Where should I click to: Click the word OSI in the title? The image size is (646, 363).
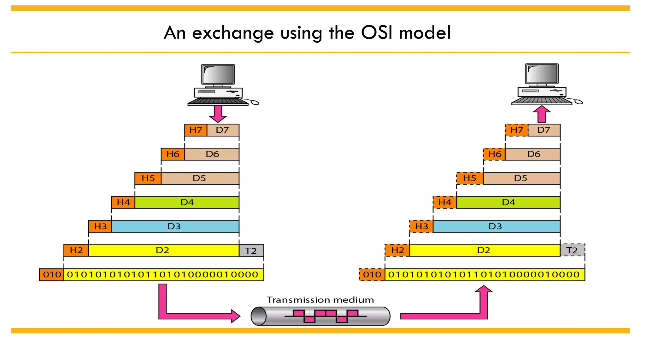click(377, 32)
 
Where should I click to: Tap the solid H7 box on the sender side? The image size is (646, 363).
click(196, 130)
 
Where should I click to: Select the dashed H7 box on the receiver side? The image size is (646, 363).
click(516, 130)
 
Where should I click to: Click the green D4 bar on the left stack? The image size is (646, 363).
click(187, 202)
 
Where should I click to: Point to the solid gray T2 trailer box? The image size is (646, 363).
click(251, 251)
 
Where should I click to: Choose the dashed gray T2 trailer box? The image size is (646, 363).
click(572, 250)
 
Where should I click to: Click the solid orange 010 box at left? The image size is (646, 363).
click(52, 274)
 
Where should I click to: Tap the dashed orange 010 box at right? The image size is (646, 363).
click(372, 274)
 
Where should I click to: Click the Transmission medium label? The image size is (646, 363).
click(320, 300)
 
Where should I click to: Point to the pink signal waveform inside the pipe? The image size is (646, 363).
click(326, 316)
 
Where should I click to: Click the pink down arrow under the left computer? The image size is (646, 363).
click(218, 114)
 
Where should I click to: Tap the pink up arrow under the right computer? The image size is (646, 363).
click(542, 114)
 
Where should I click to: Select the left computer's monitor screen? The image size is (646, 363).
click(218, 74)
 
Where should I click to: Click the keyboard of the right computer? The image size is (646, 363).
click(541, 101)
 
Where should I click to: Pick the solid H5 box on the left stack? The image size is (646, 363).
click(148, 178)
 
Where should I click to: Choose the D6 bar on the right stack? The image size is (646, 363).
click(533, 154)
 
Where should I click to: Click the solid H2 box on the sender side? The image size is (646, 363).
click(76, 250)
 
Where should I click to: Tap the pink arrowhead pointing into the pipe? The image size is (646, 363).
click(235, 316)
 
